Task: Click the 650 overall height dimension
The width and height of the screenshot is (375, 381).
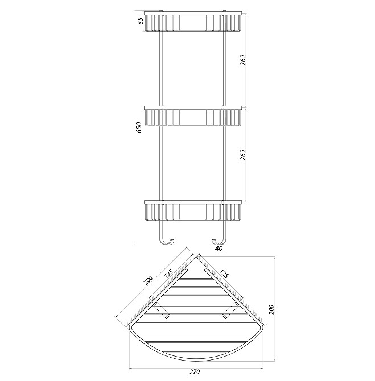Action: (139, 127)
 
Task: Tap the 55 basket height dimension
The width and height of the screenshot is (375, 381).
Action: (141, 21)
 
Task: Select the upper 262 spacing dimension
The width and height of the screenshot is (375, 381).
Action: (243, 60)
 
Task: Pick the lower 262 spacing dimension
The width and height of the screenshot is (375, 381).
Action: (243, 155)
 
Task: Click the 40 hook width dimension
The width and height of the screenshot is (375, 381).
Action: (219, 248)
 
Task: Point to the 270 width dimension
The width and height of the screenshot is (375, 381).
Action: (195, 372)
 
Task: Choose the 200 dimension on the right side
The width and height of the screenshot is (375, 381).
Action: (271, 309)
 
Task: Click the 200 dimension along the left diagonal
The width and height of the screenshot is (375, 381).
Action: (147, 281)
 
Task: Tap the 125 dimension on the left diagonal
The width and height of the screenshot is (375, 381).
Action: (168, 274)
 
